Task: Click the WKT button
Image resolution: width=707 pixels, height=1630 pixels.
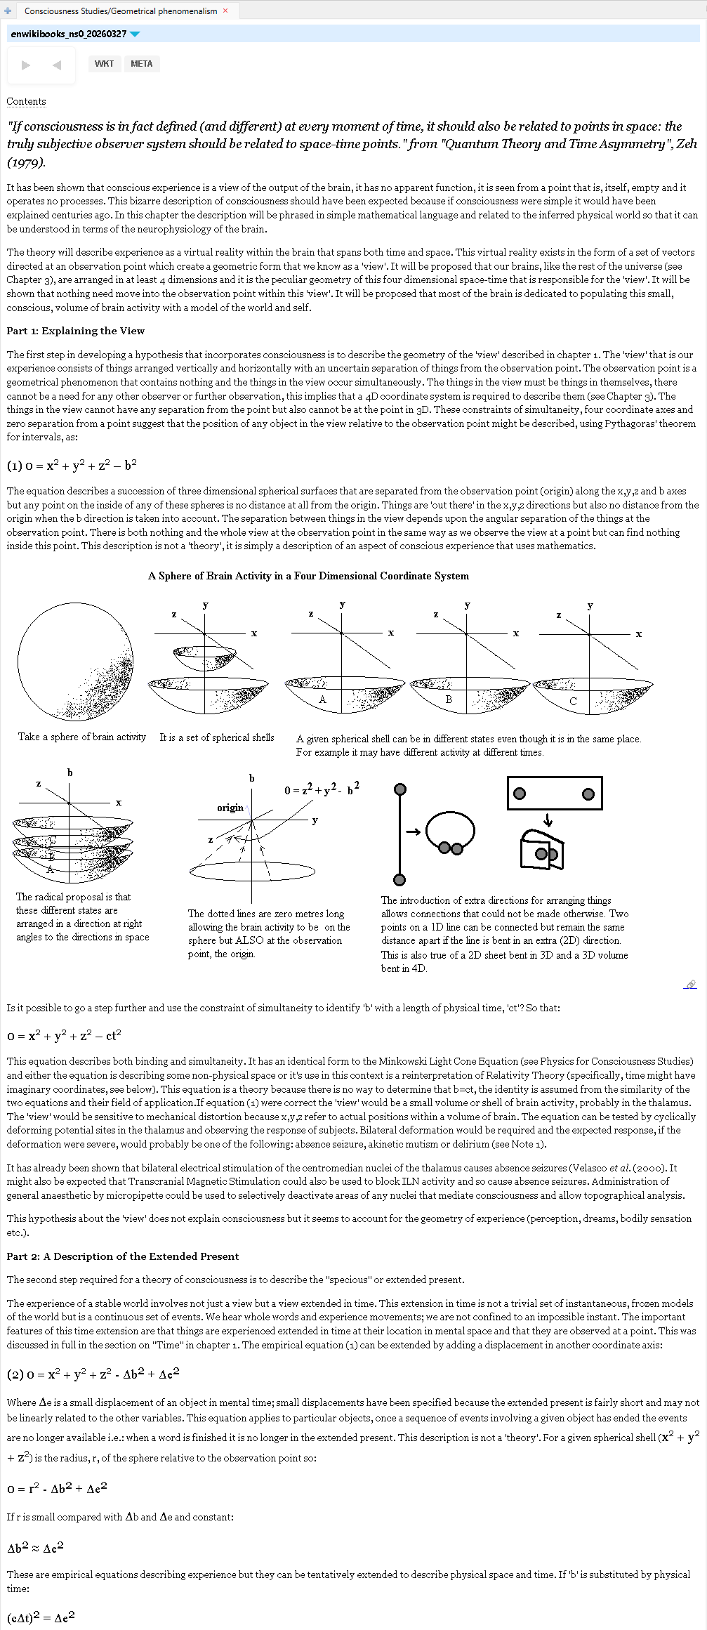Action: coord(104,64)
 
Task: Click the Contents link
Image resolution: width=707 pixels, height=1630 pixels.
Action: coord(26,102)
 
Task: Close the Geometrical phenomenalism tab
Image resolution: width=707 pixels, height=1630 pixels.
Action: coord(225,11)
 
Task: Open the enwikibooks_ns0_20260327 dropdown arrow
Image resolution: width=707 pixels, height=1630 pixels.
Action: coord(136,34)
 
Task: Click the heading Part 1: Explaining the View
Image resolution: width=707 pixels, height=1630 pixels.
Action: coord(76,331)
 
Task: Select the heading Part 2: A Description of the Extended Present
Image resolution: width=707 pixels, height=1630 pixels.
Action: coord(123,1256)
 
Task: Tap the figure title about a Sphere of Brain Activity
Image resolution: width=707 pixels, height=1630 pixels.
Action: coord(308,576)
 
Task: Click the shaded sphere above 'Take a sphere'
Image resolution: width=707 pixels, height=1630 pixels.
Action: coord(75,663)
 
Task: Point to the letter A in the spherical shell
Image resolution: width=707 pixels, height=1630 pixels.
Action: coord(323,699)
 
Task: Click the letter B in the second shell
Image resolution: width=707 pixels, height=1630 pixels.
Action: coord(449,699)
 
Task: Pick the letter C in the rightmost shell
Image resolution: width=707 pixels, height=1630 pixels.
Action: coord(573,701)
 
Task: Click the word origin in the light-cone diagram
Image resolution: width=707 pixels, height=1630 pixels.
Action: coord(230,808)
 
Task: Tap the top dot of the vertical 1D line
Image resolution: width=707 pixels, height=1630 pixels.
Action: coord(400,789)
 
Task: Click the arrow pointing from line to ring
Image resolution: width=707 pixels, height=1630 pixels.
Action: coord(413,832)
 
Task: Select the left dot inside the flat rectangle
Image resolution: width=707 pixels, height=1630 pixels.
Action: coord(520,794)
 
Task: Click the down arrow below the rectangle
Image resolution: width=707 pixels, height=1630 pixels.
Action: coord(548,820)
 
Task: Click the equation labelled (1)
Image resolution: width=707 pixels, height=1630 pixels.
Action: coord(72,465)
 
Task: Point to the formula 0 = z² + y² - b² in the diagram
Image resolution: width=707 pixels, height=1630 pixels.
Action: coord(322,789)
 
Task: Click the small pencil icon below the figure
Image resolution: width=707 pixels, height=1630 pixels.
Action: coord(691,985)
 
